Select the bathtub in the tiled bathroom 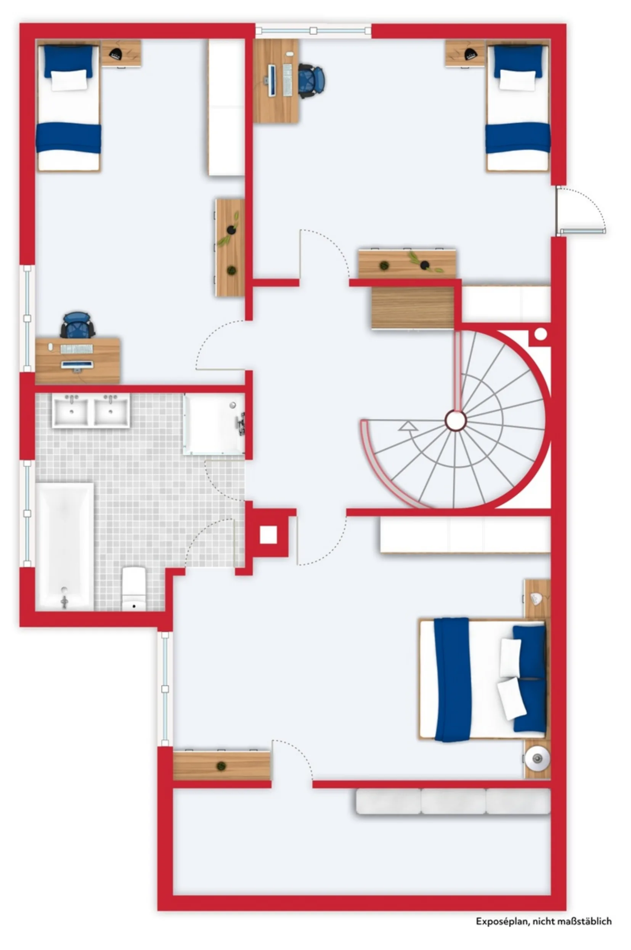[x=65, y=547]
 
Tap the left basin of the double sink [x=71, y=411]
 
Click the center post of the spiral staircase [x=456, y=420]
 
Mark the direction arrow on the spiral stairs [x=408, y=427]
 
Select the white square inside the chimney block [x=268, y=535]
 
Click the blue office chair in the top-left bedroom [x=77, y=325]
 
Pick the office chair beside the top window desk [x=311, y=81]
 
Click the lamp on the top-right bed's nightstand [x=470, y=54]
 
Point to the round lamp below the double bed [x=537, y=758]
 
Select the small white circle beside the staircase [x=541, y=334]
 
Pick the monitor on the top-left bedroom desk [x=77, y=364]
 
